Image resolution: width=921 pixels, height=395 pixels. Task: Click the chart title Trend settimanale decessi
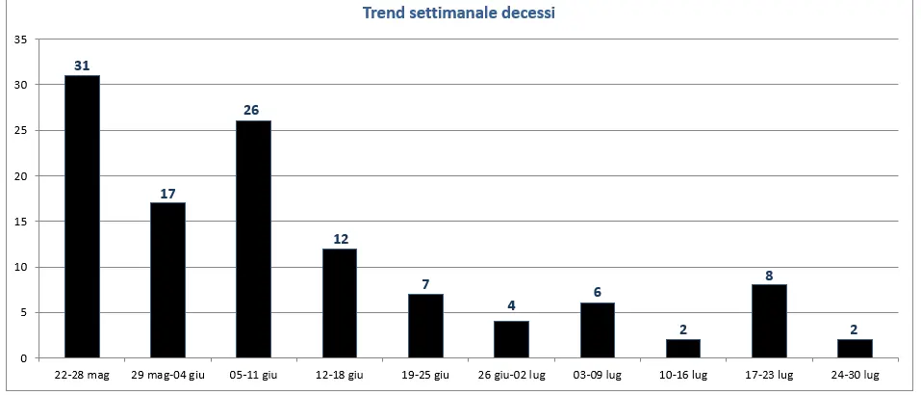click(x=459, y=13)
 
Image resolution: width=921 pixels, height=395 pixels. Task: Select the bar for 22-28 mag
click(x=82, y=217)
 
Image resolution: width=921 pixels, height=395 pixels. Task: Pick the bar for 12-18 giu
click(x=340, y=303)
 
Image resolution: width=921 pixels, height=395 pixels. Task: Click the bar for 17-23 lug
click(x=769, y=322)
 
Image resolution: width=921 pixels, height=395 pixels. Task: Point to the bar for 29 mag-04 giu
click(x=167, y=280)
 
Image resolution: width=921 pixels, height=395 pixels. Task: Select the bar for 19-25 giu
click(x=425, y=326)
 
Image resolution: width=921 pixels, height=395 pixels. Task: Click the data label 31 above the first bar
click(x=82, y=66)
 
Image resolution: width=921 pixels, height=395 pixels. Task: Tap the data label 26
click(x=253, y=111)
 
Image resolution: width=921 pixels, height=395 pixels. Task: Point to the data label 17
click(x=167, y=193)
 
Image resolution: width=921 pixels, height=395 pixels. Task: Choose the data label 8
click(x=769, y=275)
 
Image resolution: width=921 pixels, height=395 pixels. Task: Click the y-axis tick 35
click(x=19, y=39)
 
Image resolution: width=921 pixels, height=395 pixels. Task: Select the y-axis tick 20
click(x=19, y=176)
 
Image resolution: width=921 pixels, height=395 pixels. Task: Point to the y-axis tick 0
click(x=22, y=358)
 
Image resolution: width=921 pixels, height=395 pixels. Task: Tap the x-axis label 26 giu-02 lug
click(x=511, y=374)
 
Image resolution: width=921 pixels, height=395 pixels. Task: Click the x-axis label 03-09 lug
click(x=597, y=374)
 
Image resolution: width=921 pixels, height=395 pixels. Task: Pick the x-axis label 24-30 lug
click(x=855, y=374)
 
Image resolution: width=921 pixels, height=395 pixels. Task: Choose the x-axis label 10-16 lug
click(x=682, y=374)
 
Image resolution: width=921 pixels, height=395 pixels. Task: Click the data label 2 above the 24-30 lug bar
click(x=855, y=329)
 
